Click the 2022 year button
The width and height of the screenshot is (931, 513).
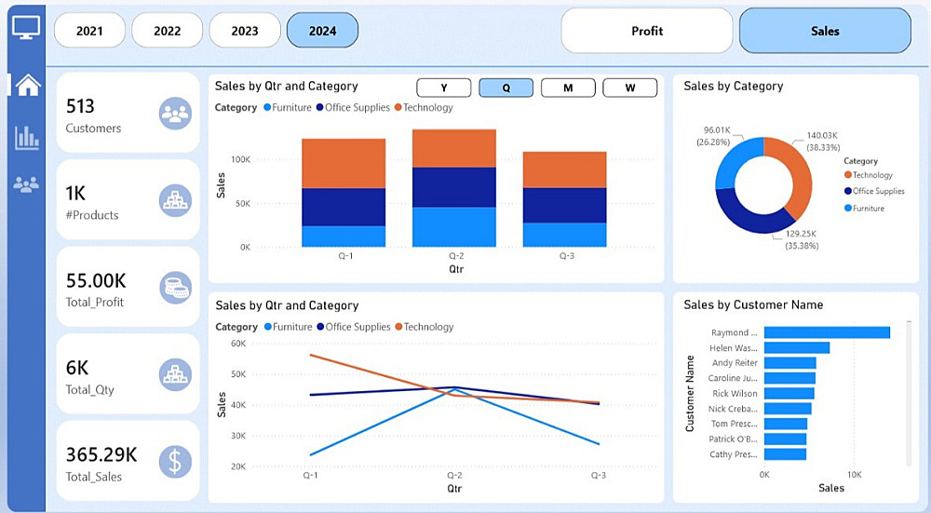[167, 31]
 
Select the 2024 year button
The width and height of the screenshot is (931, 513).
[322, 31]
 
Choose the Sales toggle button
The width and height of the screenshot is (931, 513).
[824, 31]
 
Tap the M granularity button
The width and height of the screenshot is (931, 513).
[568, 88]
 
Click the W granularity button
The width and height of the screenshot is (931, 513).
[629, 88]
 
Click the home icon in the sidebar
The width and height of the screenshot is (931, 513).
[28, 85]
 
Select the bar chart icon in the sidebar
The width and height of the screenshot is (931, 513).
[27, 138]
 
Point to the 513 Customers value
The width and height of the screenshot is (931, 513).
[80, 106]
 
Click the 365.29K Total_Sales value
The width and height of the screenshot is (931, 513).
[101, 454]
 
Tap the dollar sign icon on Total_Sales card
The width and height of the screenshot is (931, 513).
[175, 461]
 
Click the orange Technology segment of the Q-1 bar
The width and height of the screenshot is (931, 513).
[344, 163]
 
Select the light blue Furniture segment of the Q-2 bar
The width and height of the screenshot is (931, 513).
[453, 226]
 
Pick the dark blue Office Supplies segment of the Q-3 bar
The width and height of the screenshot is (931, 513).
[564, 205]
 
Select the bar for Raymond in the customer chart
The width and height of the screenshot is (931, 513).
[827, 332]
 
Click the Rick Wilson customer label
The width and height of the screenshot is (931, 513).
[735, 393]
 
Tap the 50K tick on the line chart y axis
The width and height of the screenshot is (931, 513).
[237, 374]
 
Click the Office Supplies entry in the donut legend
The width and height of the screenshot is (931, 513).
[877, 191]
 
